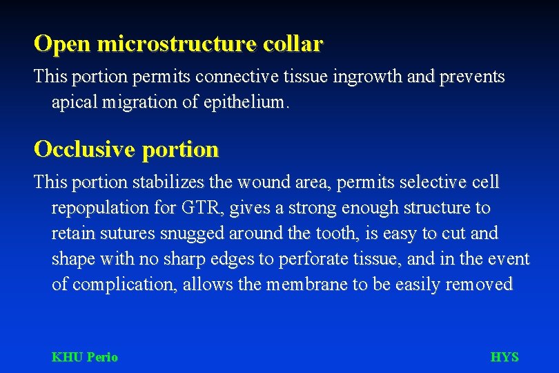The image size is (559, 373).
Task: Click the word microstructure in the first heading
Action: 177,44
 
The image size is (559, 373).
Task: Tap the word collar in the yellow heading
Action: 292,44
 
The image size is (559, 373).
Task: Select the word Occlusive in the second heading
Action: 86,149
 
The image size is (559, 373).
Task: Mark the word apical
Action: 75,102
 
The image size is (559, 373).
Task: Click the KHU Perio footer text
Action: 85,357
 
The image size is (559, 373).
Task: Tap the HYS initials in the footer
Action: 504,357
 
